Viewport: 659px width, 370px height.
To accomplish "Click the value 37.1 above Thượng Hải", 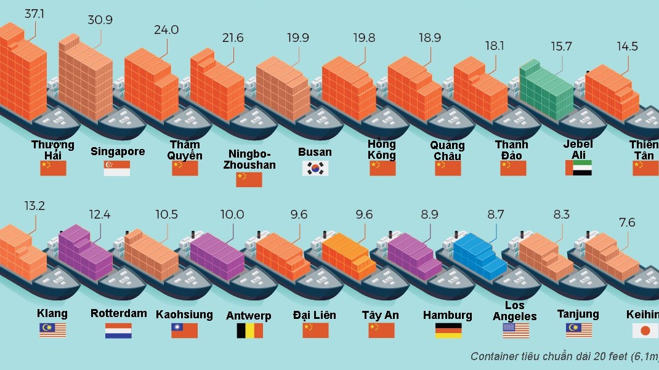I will pos(34,13).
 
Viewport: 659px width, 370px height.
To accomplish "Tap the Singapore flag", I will pos(116,168).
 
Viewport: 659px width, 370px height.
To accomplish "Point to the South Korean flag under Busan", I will pos(315,168).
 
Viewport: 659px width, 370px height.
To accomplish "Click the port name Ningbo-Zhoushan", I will pos(249,159).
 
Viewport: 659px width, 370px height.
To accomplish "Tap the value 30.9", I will pos(100,20).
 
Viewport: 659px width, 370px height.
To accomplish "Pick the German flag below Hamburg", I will pos(448,331).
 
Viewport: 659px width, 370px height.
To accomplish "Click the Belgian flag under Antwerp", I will pos(249,331).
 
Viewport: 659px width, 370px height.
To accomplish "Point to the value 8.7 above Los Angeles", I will pos(495,215).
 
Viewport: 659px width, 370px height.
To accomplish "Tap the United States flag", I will pos(515,331).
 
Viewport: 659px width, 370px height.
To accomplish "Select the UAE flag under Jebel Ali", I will pos(578,168).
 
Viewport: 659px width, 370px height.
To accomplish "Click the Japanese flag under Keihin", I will pos(645,331).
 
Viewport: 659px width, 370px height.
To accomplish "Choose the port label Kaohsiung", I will pos(184,314).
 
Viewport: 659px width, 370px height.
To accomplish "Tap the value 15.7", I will pos(562,46).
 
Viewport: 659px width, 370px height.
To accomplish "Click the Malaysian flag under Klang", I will pos(52,331).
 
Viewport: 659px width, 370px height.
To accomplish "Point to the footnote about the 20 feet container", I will pos(564,356).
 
